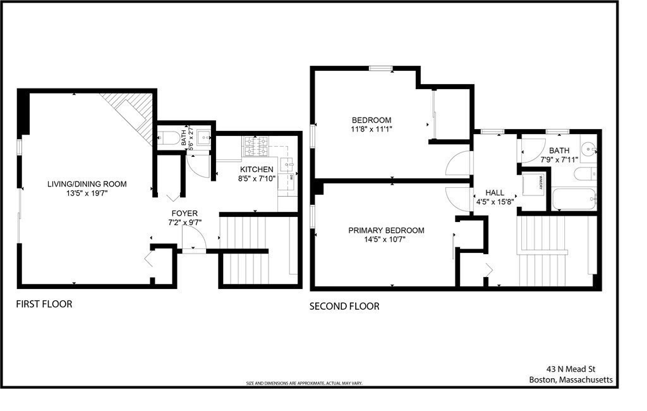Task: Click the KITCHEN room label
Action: coord(257,169)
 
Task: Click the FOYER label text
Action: coord(184,214)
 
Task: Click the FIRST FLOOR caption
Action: coord(44,304)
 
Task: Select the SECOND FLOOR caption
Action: coord(344,307)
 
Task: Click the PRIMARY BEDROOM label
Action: coord(386,231)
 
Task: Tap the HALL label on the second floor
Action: coord(495,192)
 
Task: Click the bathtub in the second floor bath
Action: coord(574,199)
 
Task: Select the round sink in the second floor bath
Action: coord(588,150)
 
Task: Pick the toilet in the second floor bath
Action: coord(584,173)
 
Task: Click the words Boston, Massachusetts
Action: coord(571,380)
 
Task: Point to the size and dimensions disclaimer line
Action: coord(304,384)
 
